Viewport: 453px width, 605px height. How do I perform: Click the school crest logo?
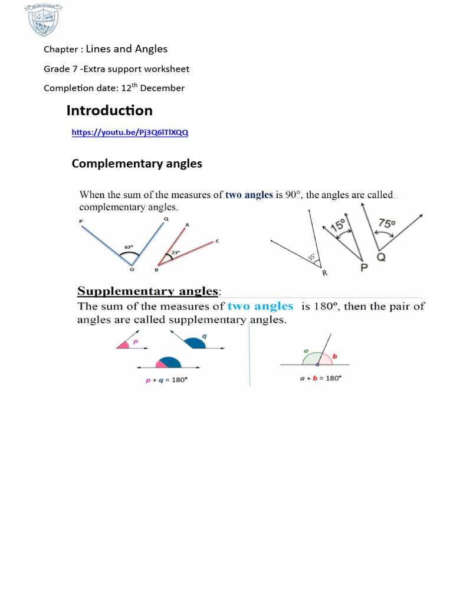(x=43, y=21)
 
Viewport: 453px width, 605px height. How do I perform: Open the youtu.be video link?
(x=130, y=133)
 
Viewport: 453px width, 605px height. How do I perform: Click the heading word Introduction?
(x=109, y=110)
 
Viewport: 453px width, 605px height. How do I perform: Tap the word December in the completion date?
(x=163, y=88)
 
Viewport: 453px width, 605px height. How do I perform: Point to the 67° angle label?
(x=129, y=247)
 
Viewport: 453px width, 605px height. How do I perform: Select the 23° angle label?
(x=175, y=253)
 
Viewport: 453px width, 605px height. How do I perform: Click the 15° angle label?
(x=338, y=226)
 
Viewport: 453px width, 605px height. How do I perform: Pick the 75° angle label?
(x=387, y=224)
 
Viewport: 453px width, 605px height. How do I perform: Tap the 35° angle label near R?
(x=312, y=258)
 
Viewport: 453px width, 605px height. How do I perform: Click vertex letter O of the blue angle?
(x=132, y=269)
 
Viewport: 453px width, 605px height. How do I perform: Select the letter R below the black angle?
(x=324, y=273)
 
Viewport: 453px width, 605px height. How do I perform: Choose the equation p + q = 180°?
(x=166, y=380)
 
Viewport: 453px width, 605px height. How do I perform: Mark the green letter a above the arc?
(x=306, y=350)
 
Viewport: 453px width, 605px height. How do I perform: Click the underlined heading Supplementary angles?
(x=148, y=291)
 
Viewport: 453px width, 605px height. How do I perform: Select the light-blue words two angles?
(x=260, y=306)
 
